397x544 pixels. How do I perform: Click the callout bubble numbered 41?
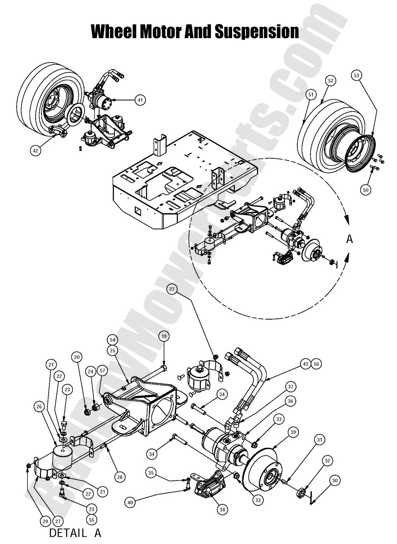point(140,100)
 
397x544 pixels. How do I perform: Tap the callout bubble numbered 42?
point(36,151)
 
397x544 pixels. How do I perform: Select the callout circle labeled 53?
point(356,75)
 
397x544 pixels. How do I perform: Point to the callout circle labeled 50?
point(365,189)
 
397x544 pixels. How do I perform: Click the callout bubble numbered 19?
point(164,336)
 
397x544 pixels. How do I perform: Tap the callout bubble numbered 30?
point(334,481)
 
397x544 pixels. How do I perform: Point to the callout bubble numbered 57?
point(103,371)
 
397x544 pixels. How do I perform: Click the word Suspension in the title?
point(256,32)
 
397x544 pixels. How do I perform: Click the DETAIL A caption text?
point(75,533)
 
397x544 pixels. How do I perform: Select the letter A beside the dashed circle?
point(350,239)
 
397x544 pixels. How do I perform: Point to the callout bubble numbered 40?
point(130,503)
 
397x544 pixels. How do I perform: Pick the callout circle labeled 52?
point(331,81)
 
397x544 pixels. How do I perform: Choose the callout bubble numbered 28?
point(120,477)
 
